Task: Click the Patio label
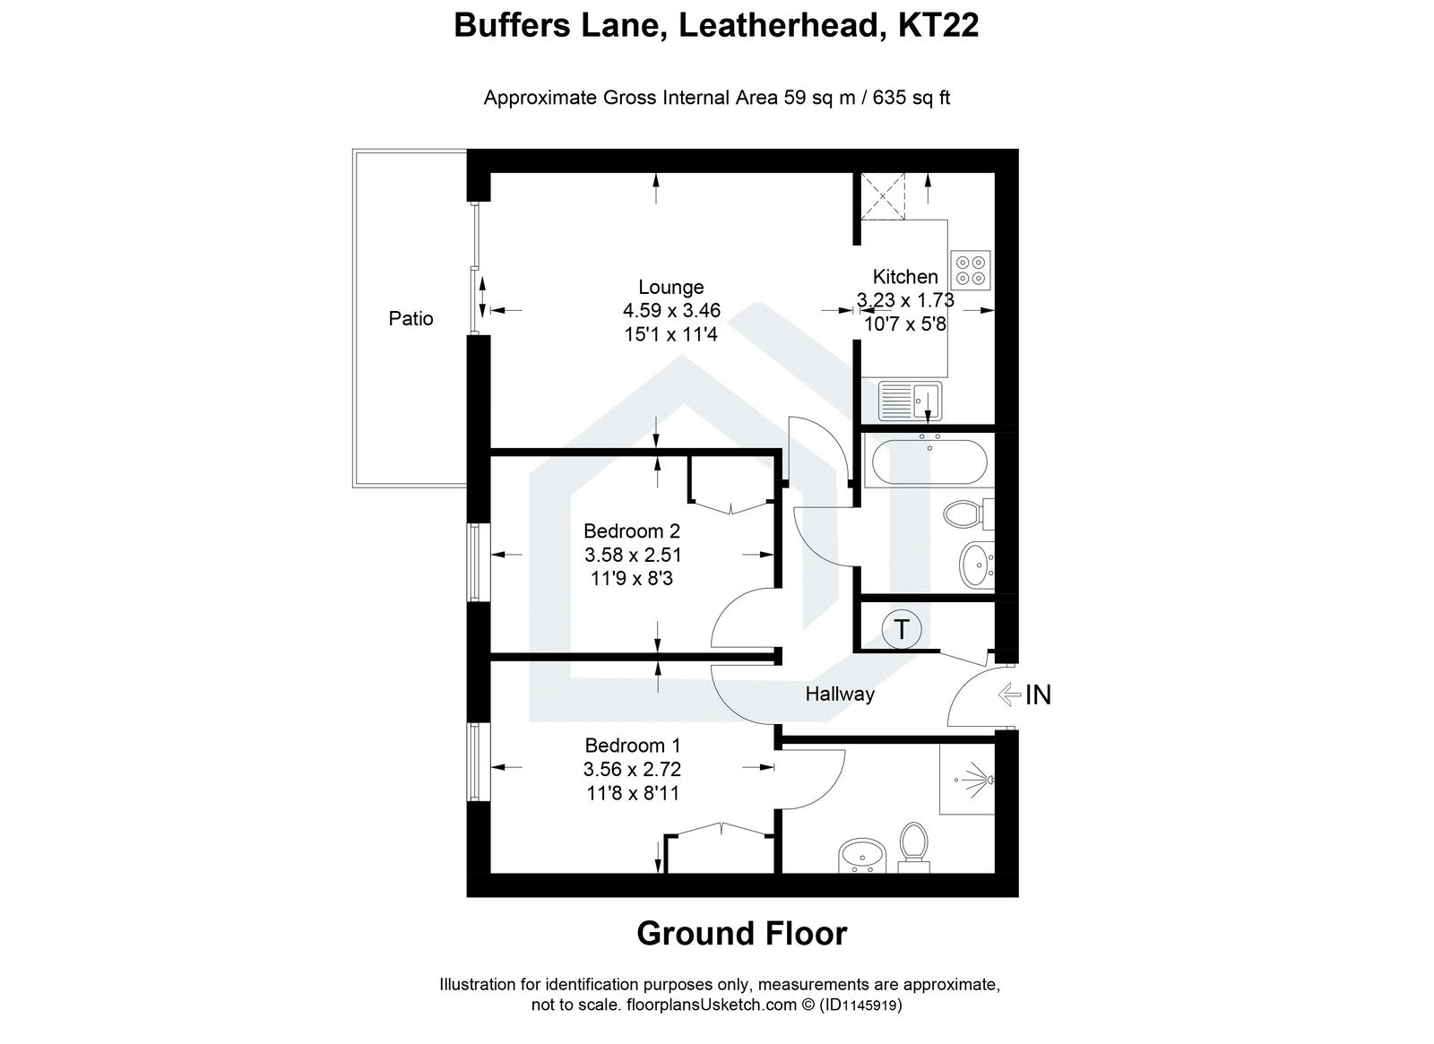tap(410, 318)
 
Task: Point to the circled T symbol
tap(901, 629)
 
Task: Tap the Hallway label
tap(839, 694)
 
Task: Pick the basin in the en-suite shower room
tap(861, 856)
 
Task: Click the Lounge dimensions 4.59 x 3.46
tap(671, 311)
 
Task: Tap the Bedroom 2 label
tap(631, 531)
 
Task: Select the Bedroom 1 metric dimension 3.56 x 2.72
tap(631, 769)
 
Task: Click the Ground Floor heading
tap(741, 934)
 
